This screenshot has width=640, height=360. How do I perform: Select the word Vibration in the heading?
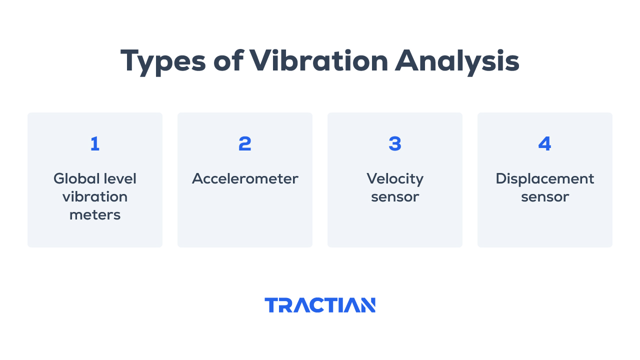(x=318, y=60)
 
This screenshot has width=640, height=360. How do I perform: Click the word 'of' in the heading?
(x=228, y=60)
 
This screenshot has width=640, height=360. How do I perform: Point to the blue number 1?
(x=95, y=143)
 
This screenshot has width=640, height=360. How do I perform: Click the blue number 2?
(x=245, y=143)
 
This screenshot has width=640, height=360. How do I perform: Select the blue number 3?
(x=395, y=143)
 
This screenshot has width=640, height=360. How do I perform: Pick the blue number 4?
(x=544, y=143)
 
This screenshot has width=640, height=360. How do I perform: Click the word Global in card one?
(x=76, y=179)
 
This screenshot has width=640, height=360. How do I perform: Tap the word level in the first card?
(x=120, y=179)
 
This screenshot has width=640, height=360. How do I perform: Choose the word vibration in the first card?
(x=95, y=197)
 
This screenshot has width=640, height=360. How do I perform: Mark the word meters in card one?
(x=95, y=215)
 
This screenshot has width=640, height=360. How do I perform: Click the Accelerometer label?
(x=245, y=179)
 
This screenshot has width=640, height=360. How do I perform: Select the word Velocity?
(x=395, y=179)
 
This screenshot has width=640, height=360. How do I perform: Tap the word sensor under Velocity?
(x=395, y=197)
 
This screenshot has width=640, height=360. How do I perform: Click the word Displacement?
(x=544, y=179)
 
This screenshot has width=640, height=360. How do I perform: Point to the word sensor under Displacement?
(x=545, y=197)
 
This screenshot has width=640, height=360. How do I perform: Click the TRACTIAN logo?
(x=320, y=305)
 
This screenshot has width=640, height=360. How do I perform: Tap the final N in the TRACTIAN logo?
(x=367, y=305)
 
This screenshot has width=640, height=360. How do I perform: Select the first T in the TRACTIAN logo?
(x=271, y=305)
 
